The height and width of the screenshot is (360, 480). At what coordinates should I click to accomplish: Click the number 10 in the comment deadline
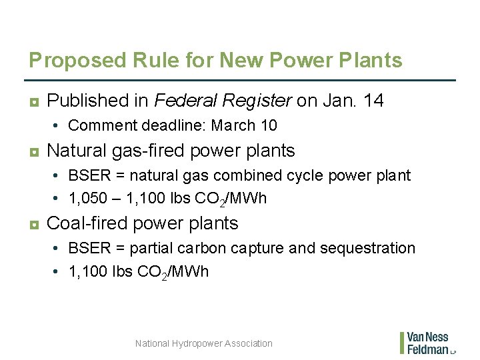click(x=269, y=125)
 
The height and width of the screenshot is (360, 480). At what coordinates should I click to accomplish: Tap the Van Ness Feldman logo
click(x=427, y=343)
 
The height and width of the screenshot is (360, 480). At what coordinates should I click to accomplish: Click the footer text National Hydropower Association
click(x=203, y=343)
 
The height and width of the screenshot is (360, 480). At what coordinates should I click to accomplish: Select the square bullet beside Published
click(x=33, y=101)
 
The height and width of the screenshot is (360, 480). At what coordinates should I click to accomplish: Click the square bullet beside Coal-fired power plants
click(x=33, y=224)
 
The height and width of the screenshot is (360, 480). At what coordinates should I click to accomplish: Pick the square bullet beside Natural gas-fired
click(x=33, y=151)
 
